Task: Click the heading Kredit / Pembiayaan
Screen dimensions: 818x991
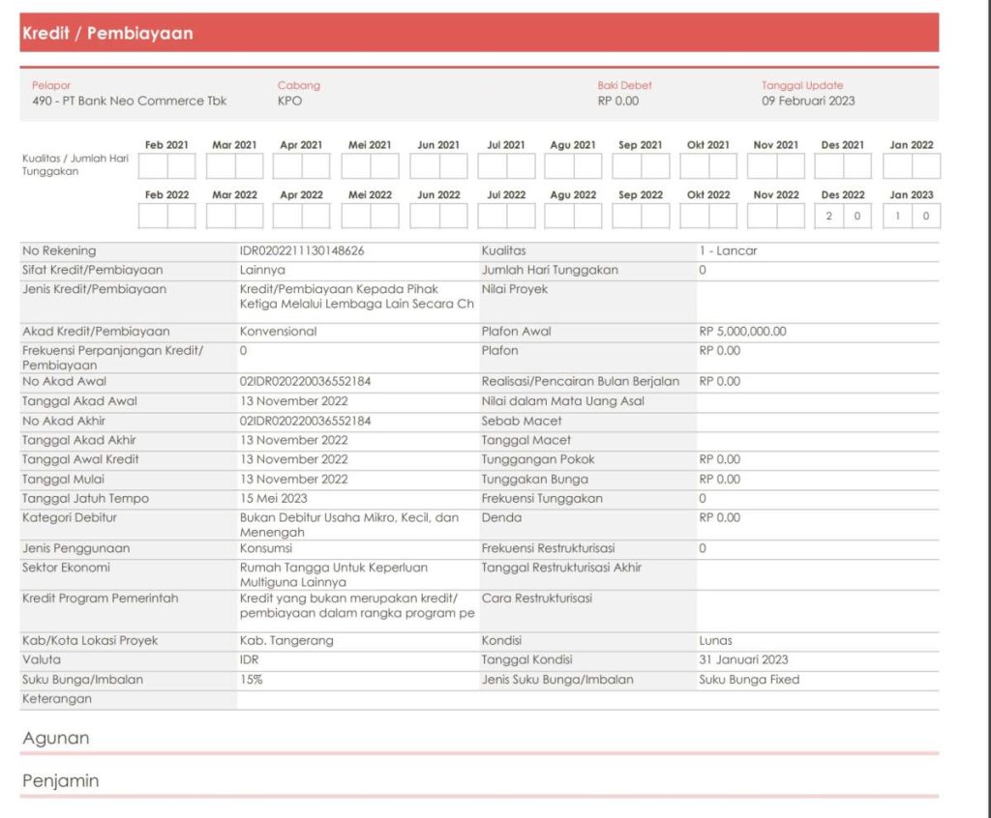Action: (107, 34)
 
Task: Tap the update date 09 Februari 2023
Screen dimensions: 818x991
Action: (808, 101)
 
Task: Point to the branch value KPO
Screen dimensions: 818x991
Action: (289, 101)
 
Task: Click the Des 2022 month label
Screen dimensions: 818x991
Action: (842, 195)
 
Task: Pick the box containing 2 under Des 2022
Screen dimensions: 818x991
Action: (828, 217)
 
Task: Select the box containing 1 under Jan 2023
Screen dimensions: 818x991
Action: (897, 217)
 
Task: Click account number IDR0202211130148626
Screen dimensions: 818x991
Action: (302, 251)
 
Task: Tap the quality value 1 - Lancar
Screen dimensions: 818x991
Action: (728, 251)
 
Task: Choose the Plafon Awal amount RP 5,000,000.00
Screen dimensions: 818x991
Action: (742, 332)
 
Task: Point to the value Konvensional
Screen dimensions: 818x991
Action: (278, 332)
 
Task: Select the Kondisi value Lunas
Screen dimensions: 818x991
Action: (715, 641)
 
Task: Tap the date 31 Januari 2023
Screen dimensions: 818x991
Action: (743, 660)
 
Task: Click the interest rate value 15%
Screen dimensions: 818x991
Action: (251, 680)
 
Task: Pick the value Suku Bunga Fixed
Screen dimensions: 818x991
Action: (749, 680)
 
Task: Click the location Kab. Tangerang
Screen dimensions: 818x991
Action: (286, 641)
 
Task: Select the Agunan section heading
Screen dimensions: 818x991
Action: (55, 739)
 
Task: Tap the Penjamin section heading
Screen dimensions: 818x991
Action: (60, 781)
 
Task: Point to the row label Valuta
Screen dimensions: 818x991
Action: (42, 660)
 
